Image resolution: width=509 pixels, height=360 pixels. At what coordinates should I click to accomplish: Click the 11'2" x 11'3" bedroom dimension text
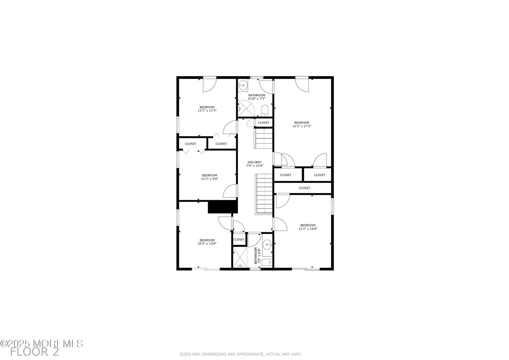point(207,111)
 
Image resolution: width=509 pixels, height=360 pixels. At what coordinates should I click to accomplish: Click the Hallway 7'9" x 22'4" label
point(254,164)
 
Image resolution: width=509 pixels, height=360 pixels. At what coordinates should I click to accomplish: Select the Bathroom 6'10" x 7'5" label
point(256,97)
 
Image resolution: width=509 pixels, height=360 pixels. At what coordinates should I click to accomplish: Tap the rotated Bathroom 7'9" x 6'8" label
point(258,256)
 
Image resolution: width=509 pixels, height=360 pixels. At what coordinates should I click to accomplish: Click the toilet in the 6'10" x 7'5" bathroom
point(265,110)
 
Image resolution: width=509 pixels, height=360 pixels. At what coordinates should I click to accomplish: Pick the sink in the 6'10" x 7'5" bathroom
point(243,85)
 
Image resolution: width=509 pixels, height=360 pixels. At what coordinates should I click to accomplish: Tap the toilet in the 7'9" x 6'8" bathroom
point(268,262)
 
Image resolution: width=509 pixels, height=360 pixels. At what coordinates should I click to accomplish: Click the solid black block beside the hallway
point(222,207)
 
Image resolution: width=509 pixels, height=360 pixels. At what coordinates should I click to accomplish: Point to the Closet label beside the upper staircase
point(264,123)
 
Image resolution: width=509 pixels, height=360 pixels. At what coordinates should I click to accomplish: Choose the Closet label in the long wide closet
point(304,188)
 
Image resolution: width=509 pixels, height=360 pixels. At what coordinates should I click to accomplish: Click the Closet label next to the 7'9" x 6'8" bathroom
point(239,240)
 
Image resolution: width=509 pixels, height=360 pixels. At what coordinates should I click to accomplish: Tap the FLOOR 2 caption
point(34,352)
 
